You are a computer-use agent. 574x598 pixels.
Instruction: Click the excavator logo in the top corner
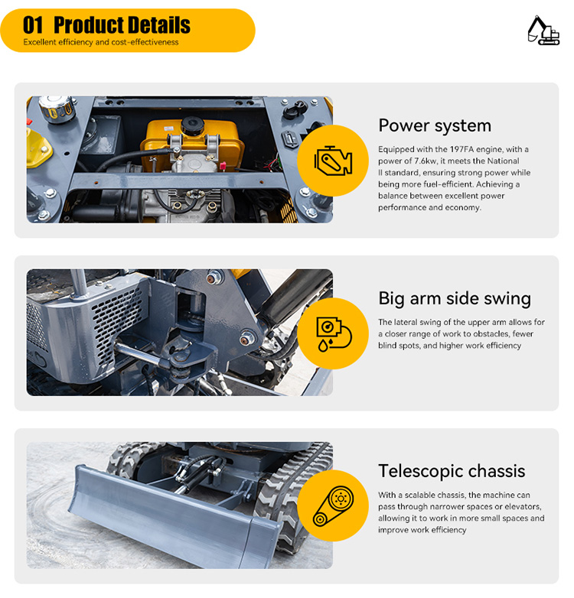(543, 31)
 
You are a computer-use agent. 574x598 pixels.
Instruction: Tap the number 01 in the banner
(33, 25)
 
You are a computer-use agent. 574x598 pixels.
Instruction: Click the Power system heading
(435, 125)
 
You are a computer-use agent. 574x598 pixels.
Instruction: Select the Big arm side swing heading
(455, 298)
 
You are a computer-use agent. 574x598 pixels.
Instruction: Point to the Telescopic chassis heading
(452, 471)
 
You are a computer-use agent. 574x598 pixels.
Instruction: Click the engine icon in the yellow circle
(333, 161)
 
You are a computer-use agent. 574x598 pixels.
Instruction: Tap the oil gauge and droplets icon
(333, 333)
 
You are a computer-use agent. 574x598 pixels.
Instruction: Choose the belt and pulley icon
(333, 506)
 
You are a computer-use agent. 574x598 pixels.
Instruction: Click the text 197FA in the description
(461, 149)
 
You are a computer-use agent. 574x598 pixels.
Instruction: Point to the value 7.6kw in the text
(426, 161)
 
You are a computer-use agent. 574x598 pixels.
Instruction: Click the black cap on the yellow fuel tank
(191, 125)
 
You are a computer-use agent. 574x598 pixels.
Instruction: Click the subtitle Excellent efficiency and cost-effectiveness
(101, 42)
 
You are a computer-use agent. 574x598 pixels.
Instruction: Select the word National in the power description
(503, 161)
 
